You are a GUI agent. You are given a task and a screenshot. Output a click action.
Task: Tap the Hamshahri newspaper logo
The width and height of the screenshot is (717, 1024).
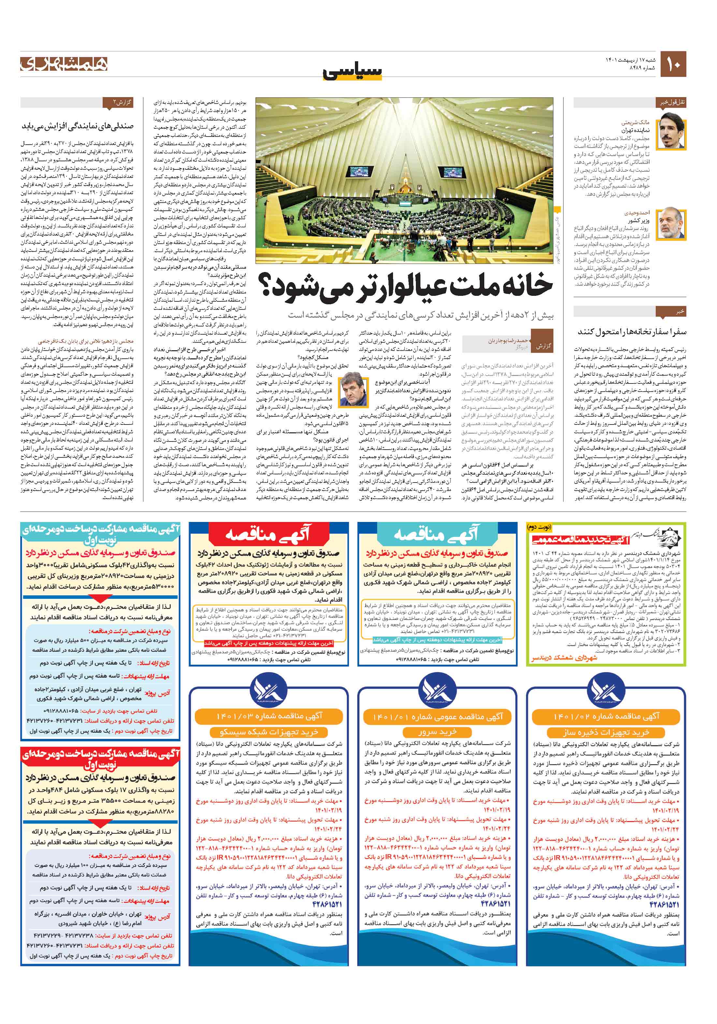pyautogui.click(x=64, y=64)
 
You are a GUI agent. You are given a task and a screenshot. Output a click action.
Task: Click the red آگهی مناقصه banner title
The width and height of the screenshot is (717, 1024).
pyautogui.click(x=267, y=534)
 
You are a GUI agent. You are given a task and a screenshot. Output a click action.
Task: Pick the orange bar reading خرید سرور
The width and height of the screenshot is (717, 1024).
pyautogui.click(x=437, y=732)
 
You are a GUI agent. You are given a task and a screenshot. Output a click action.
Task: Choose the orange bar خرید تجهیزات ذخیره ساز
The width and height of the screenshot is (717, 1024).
pyautogui.click(x=606, y=732)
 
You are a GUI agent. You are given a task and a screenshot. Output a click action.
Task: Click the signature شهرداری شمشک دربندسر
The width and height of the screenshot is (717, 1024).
pyautogui.click(x=564, y=658)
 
